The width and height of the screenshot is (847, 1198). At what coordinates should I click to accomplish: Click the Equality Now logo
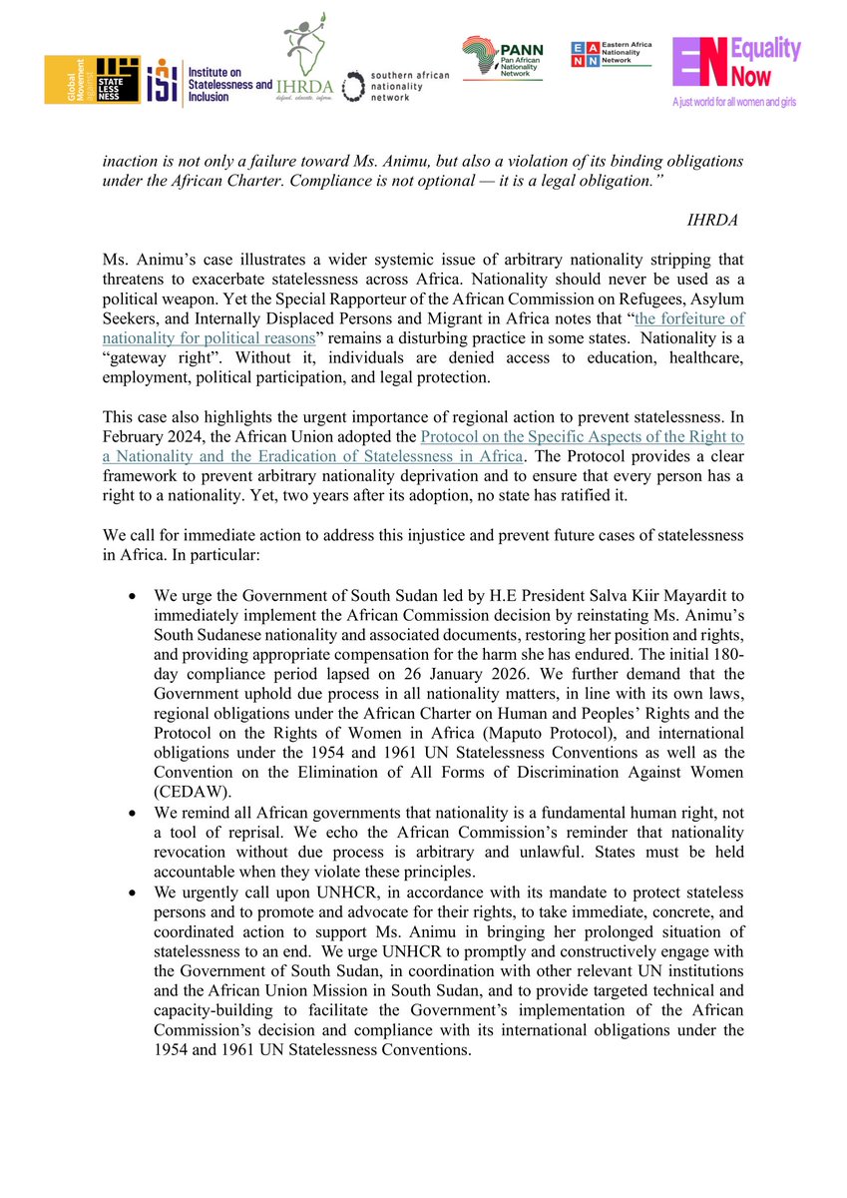click(x=735, y=65)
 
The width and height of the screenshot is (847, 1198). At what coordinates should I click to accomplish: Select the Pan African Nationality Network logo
click(x=502, y=60)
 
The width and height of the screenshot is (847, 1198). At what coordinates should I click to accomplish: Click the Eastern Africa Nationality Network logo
click(x=610, y=54)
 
